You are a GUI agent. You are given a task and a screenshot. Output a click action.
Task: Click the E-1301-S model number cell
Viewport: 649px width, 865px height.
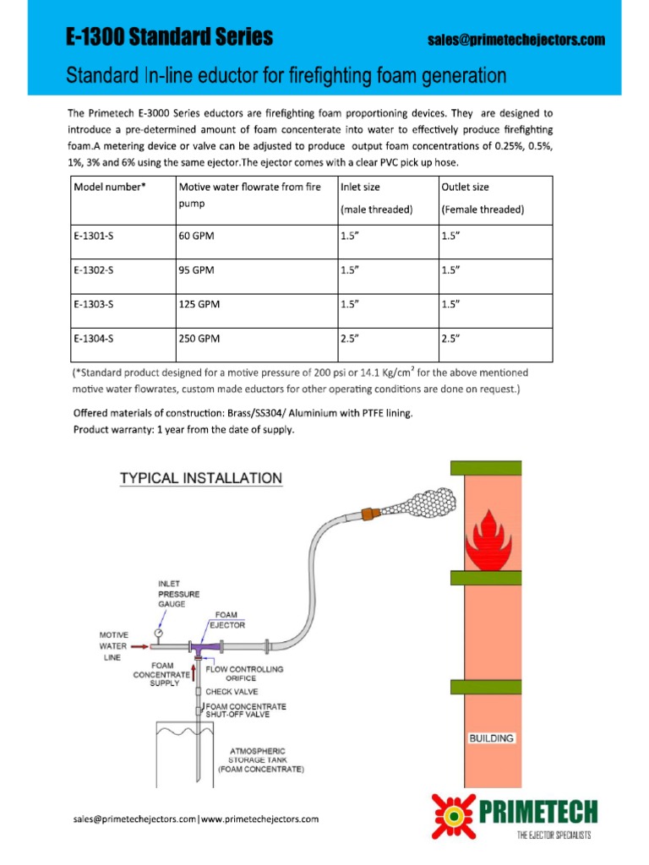click(93, 237)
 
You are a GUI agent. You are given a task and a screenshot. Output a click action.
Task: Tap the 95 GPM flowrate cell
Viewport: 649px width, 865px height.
click(197, 270)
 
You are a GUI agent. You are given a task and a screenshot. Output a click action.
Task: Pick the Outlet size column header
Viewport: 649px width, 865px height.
click(465, 187)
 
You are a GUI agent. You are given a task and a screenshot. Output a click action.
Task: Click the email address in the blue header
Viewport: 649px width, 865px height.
click(516, 40)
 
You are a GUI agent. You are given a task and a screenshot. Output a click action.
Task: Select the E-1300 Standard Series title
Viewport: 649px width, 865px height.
click(170, 37)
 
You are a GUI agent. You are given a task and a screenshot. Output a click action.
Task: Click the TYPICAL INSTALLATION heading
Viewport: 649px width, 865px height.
click(200, 478)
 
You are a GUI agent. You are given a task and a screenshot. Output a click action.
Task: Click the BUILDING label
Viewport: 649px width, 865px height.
click(492, 737)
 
